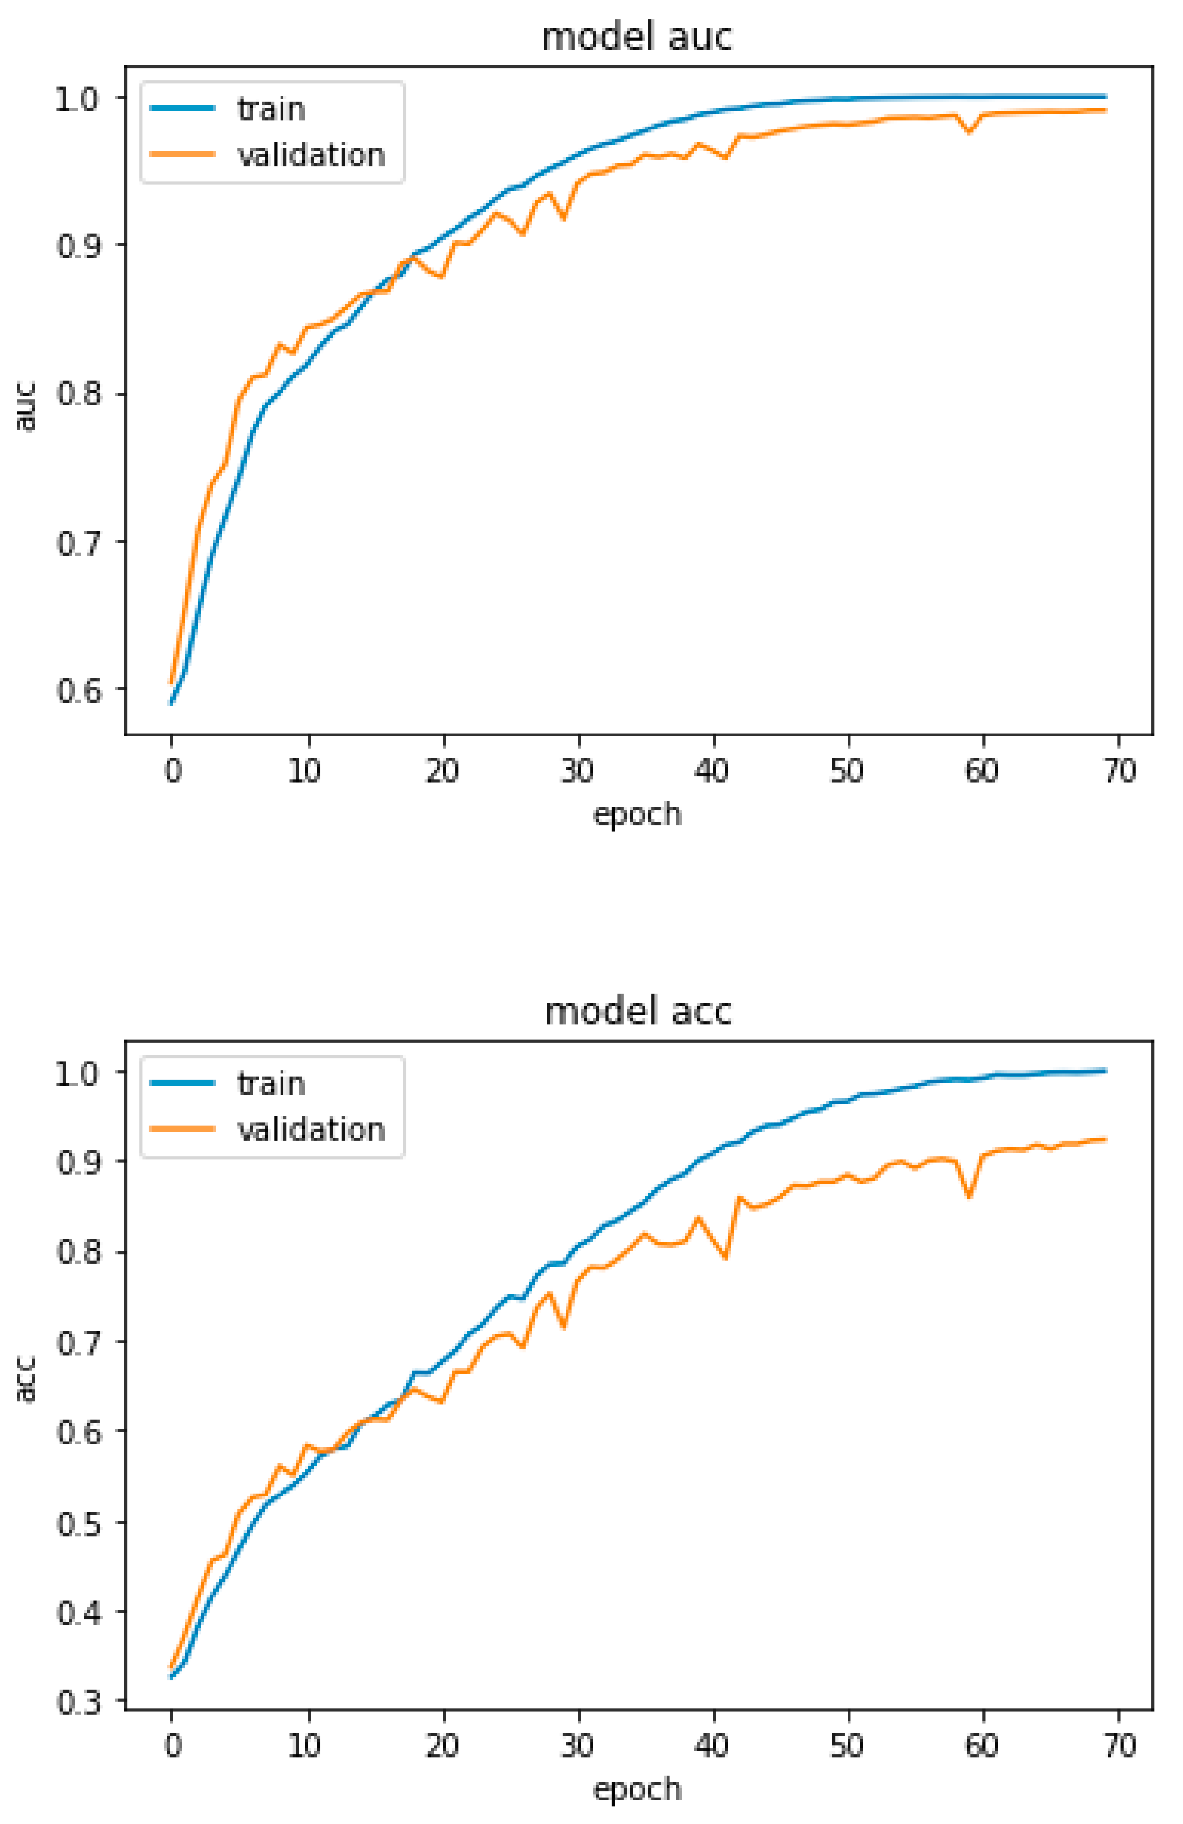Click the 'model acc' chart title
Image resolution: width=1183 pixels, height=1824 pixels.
coord(637,1012)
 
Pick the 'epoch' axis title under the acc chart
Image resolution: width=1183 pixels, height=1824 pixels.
coord(637,1789)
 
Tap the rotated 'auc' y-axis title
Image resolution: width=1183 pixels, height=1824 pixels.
coord(26,406)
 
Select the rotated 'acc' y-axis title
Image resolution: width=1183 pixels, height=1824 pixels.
coord(26,1379)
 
